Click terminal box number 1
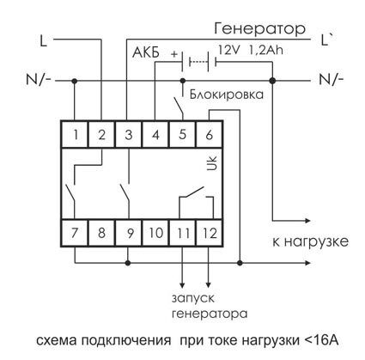[x=75, y=134]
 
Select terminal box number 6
[x=210, y=134]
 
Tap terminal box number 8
[x=101, y=233]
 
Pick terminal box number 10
[x=155, y=233]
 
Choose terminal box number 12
[x=210, y=233]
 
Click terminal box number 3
[x=129, y=134]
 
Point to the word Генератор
[x=259, y=28]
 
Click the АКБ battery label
[x=146, y=52]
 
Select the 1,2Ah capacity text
[x=266, y=50]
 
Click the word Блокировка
[x=227, y=95]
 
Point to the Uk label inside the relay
[x=212, y=164]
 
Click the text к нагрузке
[x=311, y=242]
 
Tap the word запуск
[x=193, y=299]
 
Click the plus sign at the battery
[x=174, y=54]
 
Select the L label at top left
[x=43, y=40]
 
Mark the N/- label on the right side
[x=332, y=79]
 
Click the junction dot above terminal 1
[x=75, y=81]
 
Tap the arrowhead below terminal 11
[x=182, y=285]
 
